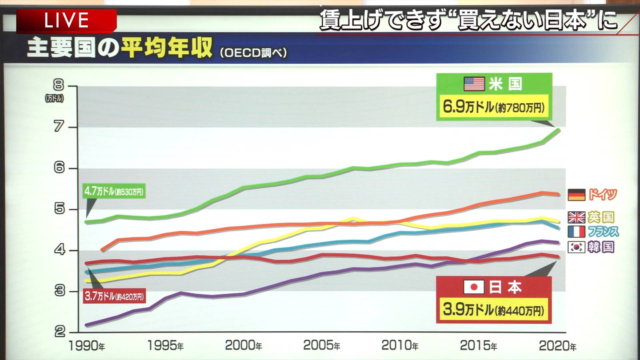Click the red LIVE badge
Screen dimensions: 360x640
pos(66,21)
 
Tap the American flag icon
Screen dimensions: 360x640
pos(474,84)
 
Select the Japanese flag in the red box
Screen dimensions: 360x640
pos(474,287)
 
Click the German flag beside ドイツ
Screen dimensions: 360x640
pos(576,195)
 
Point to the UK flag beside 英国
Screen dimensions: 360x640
pos(576,217)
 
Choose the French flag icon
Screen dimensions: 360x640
pos(576,232)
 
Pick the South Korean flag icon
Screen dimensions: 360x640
pos(576,247)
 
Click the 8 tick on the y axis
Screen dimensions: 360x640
pos(59,85)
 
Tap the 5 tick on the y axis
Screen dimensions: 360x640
pos(59,209)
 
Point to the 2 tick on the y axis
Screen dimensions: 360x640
pos(60,332)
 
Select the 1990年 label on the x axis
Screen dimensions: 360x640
pos(86,346)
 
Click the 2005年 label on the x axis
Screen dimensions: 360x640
pos(321,346)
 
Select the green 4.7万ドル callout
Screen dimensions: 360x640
pos(114,191)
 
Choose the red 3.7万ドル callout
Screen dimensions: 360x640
pos(114,296)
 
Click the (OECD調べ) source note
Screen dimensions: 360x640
pos(253,53)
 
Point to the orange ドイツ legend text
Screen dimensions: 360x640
pos(603,194)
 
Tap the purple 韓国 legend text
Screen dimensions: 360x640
pos(601,247)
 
